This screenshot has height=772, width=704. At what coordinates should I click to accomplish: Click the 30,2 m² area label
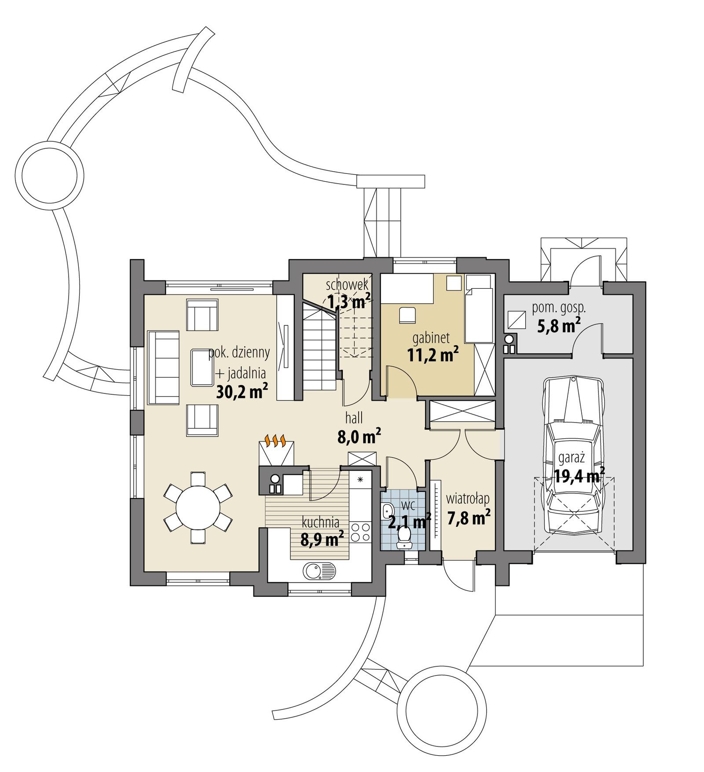tap(242, 391)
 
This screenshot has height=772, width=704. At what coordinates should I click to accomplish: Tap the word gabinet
tap(431, 338)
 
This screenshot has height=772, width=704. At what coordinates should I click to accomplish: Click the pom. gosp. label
tap(558, 308)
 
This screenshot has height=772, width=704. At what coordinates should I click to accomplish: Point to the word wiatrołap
tap(467, 499)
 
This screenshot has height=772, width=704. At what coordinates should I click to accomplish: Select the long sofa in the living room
tap(164, 368)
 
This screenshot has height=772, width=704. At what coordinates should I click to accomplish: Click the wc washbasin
tap(387, 511)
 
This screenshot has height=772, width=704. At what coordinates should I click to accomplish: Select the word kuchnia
tap(320, 522)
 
